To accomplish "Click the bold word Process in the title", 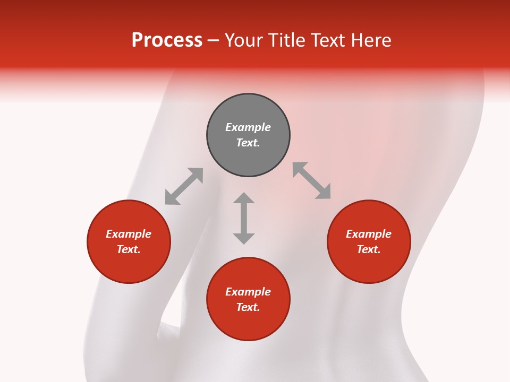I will pos(167,40).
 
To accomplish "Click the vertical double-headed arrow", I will pos(244,218).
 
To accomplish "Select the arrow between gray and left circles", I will pos(184,186).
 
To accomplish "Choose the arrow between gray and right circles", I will pos(312,181).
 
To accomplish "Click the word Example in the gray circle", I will pos(248,127).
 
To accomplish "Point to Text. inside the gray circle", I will pos(248,143).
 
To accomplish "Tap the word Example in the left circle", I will pos(129,234).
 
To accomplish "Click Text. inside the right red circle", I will pos(369,249).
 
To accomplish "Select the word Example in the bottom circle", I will pos(248,292).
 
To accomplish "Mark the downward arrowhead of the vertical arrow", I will pos(244,238).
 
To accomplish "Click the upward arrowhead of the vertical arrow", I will pos(244,198).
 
